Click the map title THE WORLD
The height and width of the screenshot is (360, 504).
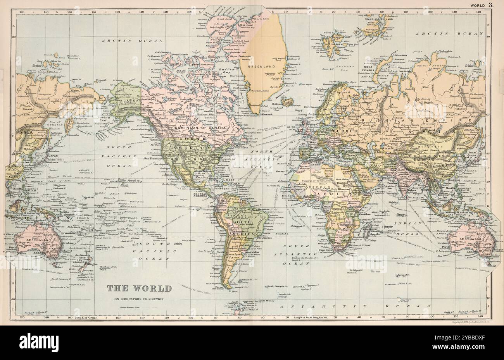pos(138,288)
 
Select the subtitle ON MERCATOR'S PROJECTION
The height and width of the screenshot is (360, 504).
pos(138,299)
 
